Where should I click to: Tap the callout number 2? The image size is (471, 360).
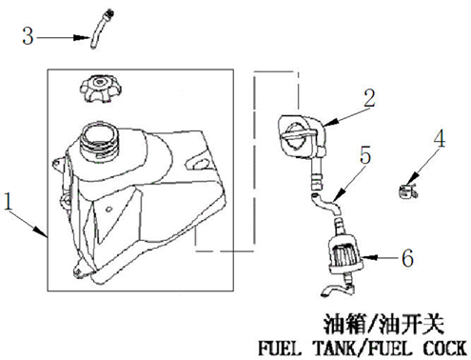tap(369, 98)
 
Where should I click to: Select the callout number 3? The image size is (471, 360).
tap(28, 36)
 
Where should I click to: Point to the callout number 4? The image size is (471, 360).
tap(440, 139)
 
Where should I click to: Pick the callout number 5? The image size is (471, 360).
tap(365, 155)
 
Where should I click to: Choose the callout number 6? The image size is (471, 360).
tap(407, 257)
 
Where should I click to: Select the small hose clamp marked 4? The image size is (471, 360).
tap(408, 190)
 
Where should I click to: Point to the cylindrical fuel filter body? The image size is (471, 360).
tap(345, 253)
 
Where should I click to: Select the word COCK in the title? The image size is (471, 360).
tap(444, 348)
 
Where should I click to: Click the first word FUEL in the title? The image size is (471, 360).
tap(279, 348)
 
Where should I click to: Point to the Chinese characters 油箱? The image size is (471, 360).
tap(344, 325)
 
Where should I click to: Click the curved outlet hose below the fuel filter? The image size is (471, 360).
tap(337, 290)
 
